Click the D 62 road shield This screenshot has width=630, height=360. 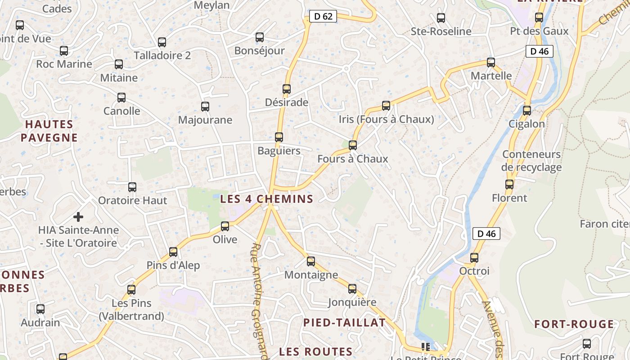[x=323, y=17]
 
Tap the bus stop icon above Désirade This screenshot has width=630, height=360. [x=287, y=89]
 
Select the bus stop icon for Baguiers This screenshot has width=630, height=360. [x=279, y=137]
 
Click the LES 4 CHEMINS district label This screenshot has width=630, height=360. [x=266, y=199]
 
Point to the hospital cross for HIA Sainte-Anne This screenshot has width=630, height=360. [x=78, y=217]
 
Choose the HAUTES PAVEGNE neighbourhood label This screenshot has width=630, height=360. [x=49, y=131]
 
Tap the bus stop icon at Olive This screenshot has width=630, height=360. [x=225, y=226]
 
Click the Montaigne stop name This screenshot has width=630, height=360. [x=311, y=275]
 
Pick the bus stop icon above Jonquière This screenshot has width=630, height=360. [x=352, y=289]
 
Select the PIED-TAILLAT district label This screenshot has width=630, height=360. [x=344, y=322]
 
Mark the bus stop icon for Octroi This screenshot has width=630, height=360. [x=474, y=258]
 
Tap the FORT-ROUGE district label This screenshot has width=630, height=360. [x=574, y=324]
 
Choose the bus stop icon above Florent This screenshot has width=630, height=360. [x=509, y=184]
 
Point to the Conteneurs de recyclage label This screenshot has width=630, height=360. [x=531, y=161]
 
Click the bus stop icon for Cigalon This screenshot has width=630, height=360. [x=527, y=110]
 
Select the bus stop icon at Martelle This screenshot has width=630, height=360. [x=491, y=63]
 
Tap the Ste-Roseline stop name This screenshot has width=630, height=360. [x=441, y=31]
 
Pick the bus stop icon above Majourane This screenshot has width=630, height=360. [x=205, y=107]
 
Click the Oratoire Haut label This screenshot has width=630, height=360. [x=132, y=200]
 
